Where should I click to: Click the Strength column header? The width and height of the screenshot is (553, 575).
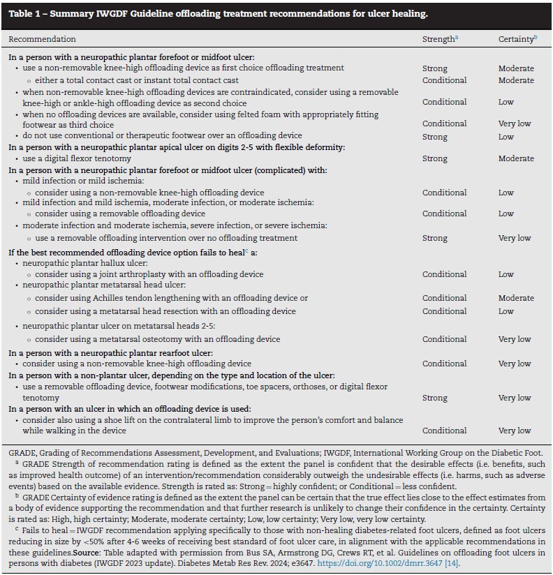438,39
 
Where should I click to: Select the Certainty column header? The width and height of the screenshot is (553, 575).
516,39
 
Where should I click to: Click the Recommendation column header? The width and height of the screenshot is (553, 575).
43,39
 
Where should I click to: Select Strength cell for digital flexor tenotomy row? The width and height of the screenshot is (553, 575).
434,159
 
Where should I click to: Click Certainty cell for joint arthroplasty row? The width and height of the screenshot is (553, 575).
506,275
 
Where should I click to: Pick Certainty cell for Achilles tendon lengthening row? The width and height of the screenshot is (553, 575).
516,299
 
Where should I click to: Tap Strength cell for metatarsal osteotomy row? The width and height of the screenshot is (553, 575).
444,340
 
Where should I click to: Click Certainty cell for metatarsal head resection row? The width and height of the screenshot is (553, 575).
506,311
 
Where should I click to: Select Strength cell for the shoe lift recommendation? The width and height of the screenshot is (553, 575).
444,431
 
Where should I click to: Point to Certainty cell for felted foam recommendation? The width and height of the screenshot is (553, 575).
515,124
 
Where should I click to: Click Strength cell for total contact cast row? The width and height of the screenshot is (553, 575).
444,80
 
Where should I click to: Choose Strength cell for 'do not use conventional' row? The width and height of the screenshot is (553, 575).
434,137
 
